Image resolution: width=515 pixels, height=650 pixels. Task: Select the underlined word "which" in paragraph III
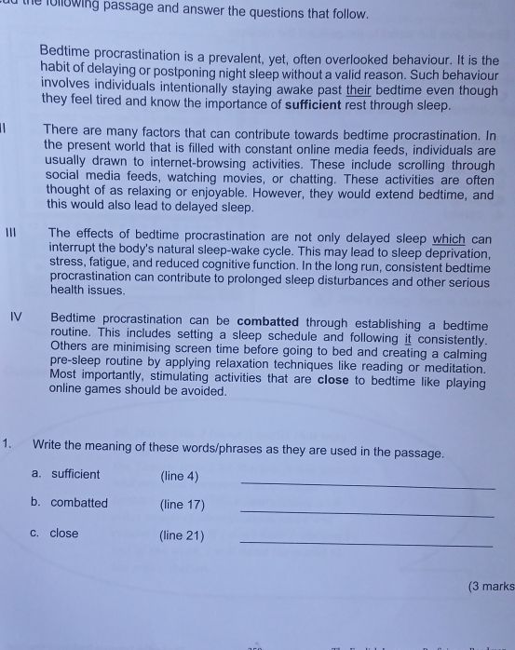click(x=449, y=238)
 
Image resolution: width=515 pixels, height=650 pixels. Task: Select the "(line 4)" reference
click(x=180, y=477)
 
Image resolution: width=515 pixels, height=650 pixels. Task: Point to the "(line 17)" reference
click(x=183, y=506)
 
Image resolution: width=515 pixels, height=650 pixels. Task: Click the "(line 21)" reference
click(x=182, y=535)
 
